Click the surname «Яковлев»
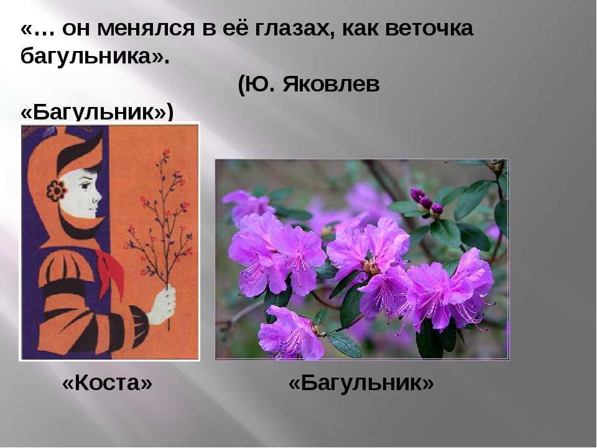(331, 85)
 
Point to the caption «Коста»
(107, 383)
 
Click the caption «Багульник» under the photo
(361, 383)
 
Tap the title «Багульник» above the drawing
(97, 112)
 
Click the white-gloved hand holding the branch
(162, 306)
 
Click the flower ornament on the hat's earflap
(57, 190)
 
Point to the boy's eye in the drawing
(85, 186)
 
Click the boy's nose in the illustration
(99, 198)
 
